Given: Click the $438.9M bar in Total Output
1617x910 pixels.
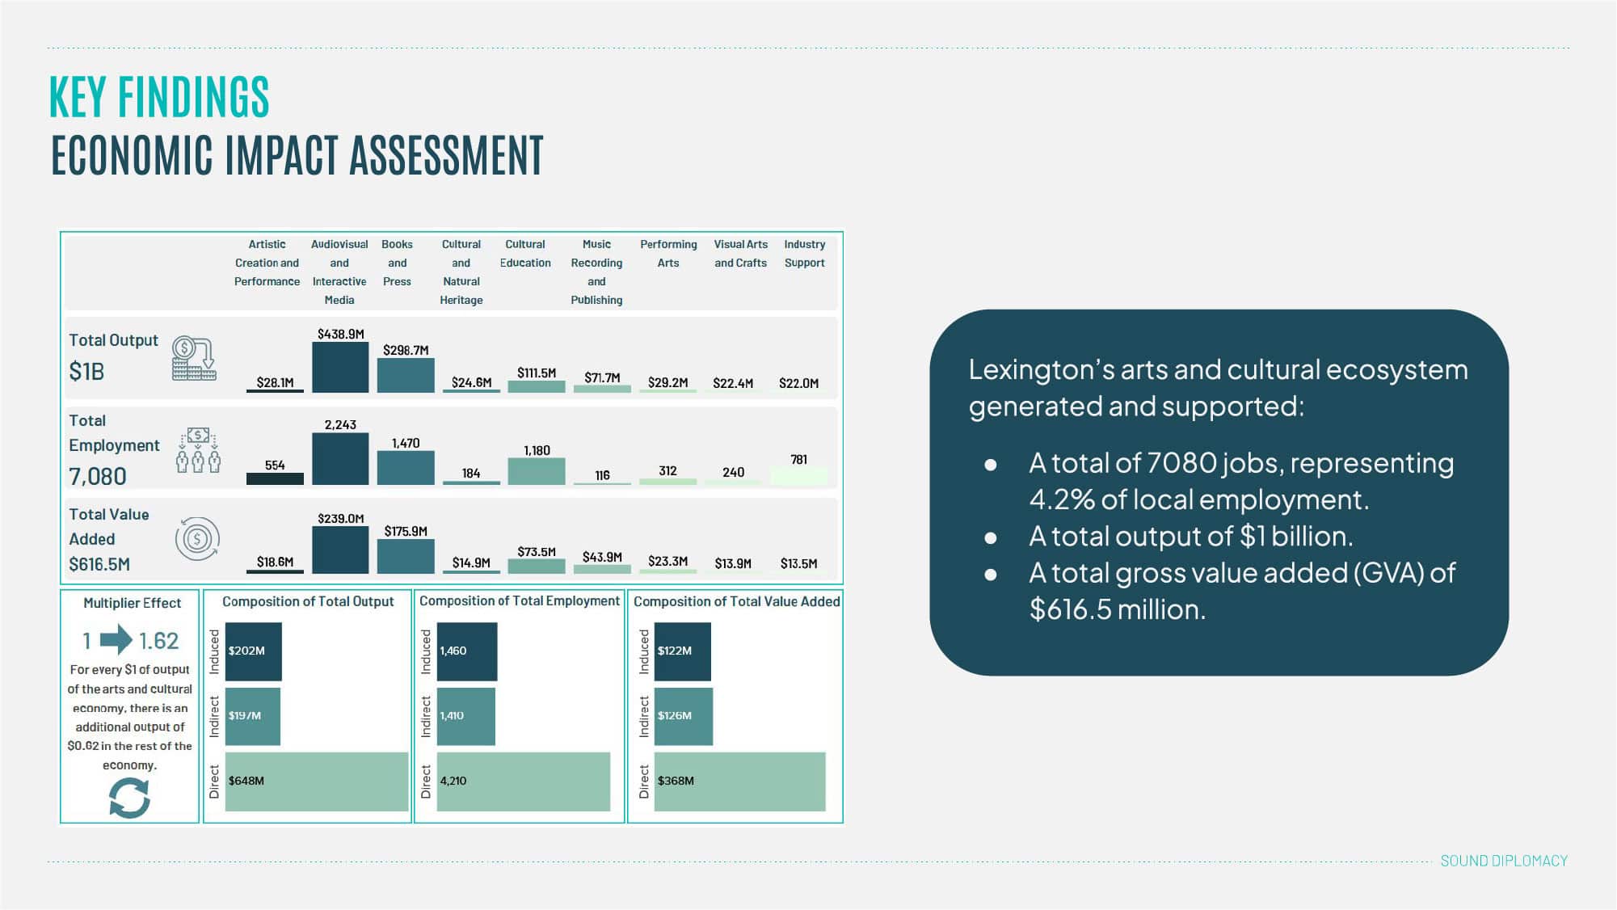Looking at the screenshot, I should [340, 368].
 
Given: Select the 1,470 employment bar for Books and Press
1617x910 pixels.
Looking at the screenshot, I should [406, 468].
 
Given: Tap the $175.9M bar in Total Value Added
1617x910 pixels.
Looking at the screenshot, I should [406, 556].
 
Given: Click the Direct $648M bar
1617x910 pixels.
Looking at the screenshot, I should [317, 782].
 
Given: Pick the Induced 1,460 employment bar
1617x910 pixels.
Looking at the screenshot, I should [467, 651].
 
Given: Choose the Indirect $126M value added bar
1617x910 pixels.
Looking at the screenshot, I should [684, 716].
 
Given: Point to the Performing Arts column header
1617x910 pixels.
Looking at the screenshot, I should [668, 254].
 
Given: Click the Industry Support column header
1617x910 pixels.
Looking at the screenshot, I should [804, 254].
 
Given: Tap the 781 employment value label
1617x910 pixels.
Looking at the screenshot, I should [798, 460].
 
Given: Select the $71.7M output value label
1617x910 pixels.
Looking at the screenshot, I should [602, 377].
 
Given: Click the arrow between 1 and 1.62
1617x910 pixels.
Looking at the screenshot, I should [116, 640].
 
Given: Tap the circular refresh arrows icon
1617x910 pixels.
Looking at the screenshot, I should [129, 798].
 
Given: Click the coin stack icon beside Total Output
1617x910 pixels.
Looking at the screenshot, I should [194, 359].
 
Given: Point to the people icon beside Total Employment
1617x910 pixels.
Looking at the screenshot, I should [198, 452].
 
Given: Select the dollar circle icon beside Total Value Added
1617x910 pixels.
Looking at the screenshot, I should [197, 539].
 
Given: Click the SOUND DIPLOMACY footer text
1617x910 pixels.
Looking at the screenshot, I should [1503, 862].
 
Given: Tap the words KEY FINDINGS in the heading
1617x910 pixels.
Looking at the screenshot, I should [159, 98].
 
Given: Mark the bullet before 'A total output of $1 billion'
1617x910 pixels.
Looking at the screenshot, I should [991, 537].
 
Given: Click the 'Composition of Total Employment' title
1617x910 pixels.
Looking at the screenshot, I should [520, 601].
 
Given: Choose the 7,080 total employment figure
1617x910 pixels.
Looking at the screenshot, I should [98, 477].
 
